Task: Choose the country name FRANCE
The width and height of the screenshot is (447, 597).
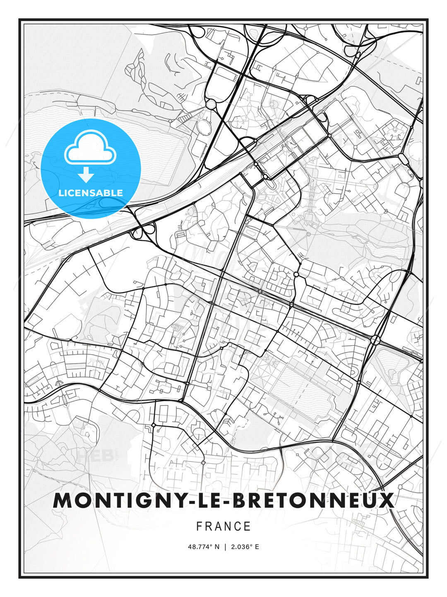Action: [x=223, y=527]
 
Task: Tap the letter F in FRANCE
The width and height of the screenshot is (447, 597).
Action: [x=199, y=527]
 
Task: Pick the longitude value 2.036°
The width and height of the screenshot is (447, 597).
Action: [x=242, y=547]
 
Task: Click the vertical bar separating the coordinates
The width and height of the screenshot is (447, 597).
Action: [x=225, y=547]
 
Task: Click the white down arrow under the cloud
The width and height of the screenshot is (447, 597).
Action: [x=86, y=175]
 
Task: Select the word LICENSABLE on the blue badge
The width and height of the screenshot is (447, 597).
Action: [x=91, y=193]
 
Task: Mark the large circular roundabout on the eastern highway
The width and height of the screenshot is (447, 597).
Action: [x=375, y=340]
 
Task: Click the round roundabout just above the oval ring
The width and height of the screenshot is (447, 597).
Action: [x=211, y=104]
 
